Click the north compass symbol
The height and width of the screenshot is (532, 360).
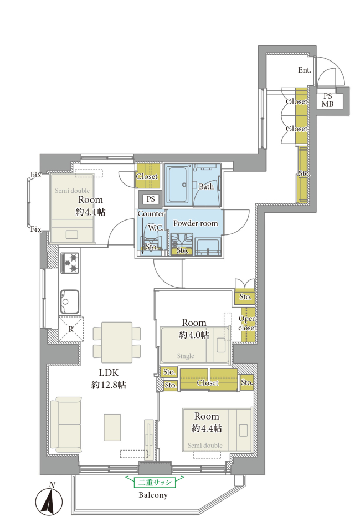49,500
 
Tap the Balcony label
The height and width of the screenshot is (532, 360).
153,495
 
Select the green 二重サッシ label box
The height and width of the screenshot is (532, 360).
155,482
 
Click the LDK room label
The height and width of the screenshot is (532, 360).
109,372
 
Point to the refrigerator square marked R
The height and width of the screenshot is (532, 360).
71,329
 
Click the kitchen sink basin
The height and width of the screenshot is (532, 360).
70,302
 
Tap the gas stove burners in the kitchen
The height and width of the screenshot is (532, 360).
70,263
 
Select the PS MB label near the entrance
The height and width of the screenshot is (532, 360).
327,100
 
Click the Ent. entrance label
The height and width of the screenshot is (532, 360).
305,70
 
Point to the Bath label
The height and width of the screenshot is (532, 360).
206,186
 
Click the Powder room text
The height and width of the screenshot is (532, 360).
196,223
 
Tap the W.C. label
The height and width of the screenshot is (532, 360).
156,228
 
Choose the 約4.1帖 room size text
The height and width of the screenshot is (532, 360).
90,212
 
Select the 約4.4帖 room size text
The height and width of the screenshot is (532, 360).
207,428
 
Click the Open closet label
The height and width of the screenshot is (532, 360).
248,323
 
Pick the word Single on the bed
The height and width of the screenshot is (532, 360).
186,356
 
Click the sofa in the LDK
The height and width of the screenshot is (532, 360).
66,424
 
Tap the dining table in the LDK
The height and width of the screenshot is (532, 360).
117,342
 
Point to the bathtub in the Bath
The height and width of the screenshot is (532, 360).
178,185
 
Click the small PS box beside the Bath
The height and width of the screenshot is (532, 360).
151,199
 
